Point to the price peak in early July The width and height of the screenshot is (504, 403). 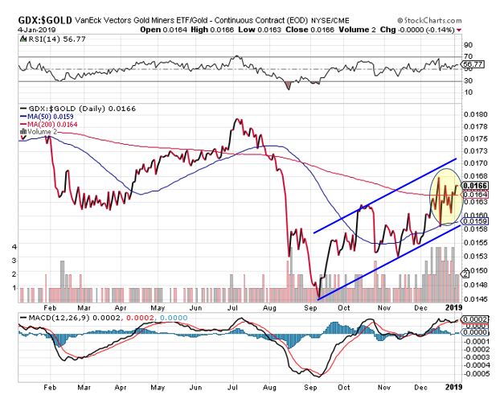pos(236,120)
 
